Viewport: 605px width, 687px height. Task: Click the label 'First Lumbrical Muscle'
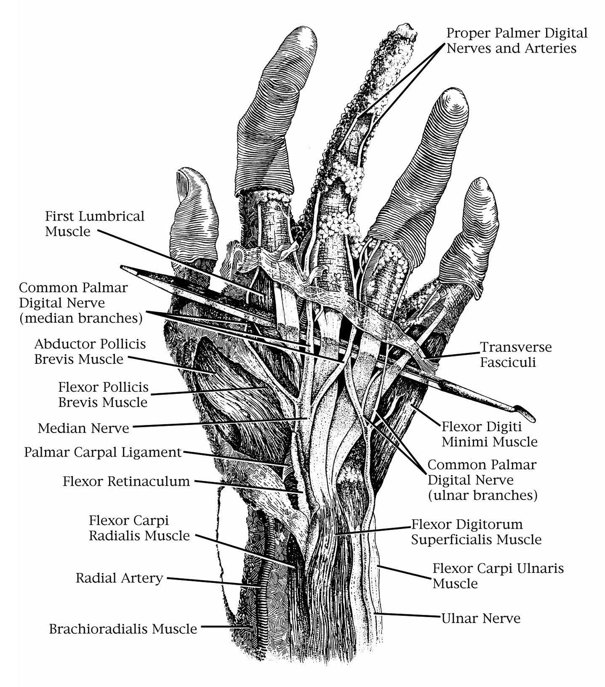(x=95, y=223)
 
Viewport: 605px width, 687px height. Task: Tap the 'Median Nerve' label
(x=84, y=428)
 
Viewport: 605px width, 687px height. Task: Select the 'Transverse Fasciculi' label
(x=515, y=355)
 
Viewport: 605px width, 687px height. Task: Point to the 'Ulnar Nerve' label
(x=481, y=618)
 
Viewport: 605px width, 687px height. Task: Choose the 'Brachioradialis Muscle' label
(x=123, y=629)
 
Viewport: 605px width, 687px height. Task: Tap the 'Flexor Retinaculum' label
(x=126, y=481)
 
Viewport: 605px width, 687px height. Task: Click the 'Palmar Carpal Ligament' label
(x=103, y=452)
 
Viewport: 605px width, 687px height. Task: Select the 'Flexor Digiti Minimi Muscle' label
(x=489, y=434)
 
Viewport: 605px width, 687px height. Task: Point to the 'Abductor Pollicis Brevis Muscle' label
(x=90, y=352)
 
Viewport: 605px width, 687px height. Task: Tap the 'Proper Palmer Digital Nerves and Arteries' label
(x=516, y=41)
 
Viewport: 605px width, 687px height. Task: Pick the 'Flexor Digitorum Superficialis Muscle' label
(x=476, y=532)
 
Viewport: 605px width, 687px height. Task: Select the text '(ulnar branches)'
(x=483, y=495)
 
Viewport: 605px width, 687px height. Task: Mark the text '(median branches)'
(x=81, y=318)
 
